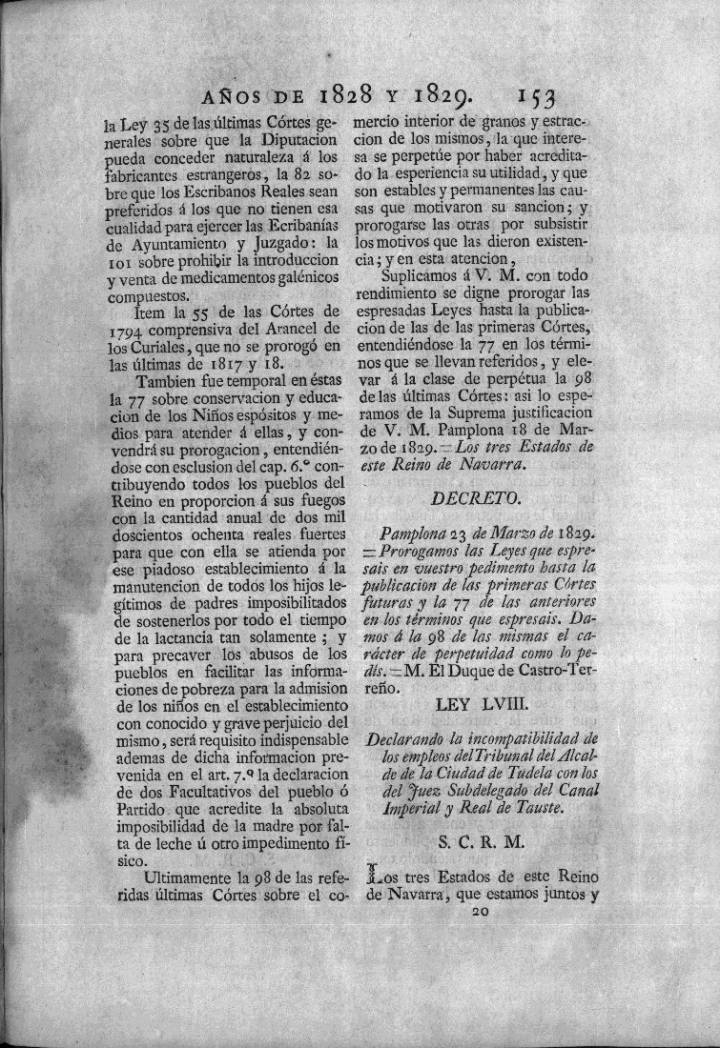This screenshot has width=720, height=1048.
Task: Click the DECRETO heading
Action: (473, 497)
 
